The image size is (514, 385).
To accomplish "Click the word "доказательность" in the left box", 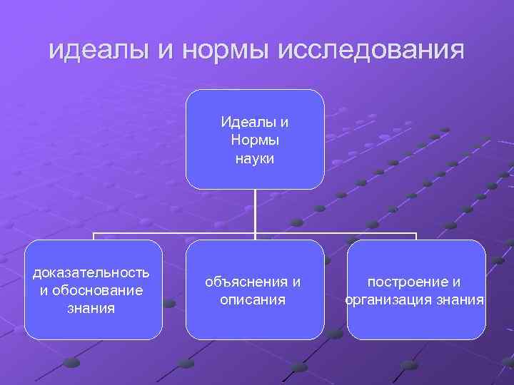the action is tap(91, 272).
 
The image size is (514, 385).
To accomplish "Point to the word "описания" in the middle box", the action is tap(253, 300).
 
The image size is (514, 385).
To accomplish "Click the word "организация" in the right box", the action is tap(390, 300).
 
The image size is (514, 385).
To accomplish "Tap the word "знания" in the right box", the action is tap(460, 300).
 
